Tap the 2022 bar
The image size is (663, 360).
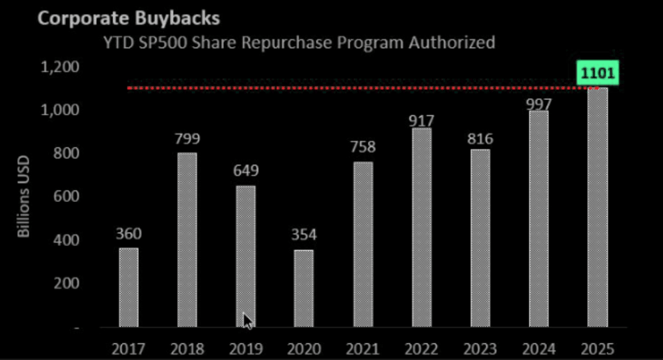pyautogui.click(x=422, y=227)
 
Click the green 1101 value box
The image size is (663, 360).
pyautogui.click(x=597, y=72)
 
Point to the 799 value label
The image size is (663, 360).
pyautogui.click(x=187, y=139)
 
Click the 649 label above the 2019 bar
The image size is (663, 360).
pyautogui.click(x=246, y=171)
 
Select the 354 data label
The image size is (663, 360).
pyautogui.click(x=304, y=235)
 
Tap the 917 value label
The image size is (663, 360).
pyautogui.click(x=422, y=121)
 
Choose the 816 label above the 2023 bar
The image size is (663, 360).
pyautogui.click(x=480, y=139)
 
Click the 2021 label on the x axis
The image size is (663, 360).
pyautogui.click(x=362, y=349)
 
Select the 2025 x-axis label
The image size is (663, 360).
pyautogui.click(x=598, y=349)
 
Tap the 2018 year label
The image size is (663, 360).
pyautogui.click(x=187, y=349)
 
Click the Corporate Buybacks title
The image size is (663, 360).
pyautogui.click(x=129, y=17)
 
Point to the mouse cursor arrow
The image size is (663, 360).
pyautogui.click(x=247, y=321)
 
